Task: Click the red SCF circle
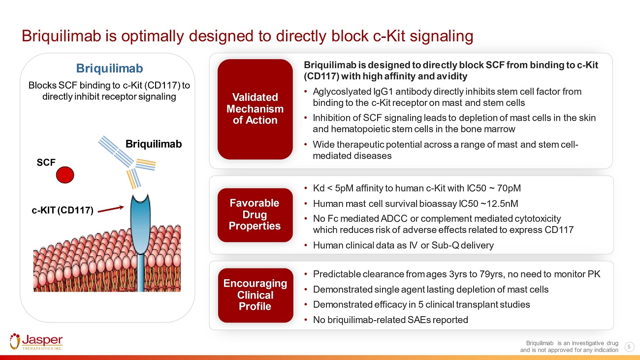click(x=65, y=174)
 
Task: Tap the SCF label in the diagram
click(x=46, y=163)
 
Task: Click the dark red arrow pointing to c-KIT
click(x=111, y=209)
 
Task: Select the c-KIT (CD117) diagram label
click(x=63, y=210)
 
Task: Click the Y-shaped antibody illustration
click(x=128, y=162)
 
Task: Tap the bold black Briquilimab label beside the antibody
click(x=154, y=144)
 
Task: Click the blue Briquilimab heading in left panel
click(x=109, y=68)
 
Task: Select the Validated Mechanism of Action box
click(x=255, y=109)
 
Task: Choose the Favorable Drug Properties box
click(x=255, y=215)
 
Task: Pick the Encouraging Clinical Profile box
click(x=256, y=295)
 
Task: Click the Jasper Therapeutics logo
click(x=36, y=342)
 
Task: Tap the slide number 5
click(x=629, y=347)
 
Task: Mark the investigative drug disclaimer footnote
click(x=569, y=347)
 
